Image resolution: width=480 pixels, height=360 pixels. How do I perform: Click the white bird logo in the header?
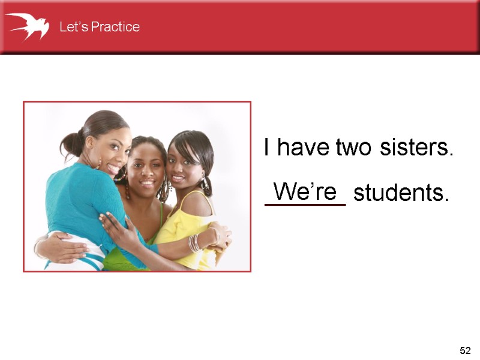[26, 26]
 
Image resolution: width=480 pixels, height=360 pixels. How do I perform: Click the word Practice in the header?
[114, 27]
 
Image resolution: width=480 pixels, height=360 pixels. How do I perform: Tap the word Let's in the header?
[73, 27]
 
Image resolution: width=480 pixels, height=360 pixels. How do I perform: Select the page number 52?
[465, 350]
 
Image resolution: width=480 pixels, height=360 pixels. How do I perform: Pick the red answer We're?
[305, 192]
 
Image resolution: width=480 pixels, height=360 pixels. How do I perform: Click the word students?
[401, 194]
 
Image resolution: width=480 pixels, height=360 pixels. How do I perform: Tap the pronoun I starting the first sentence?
[267, 148]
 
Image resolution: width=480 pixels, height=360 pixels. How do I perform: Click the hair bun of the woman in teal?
[71, 144]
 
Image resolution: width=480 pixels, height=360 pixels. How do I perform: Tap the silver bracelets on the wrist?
[194, 242]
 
